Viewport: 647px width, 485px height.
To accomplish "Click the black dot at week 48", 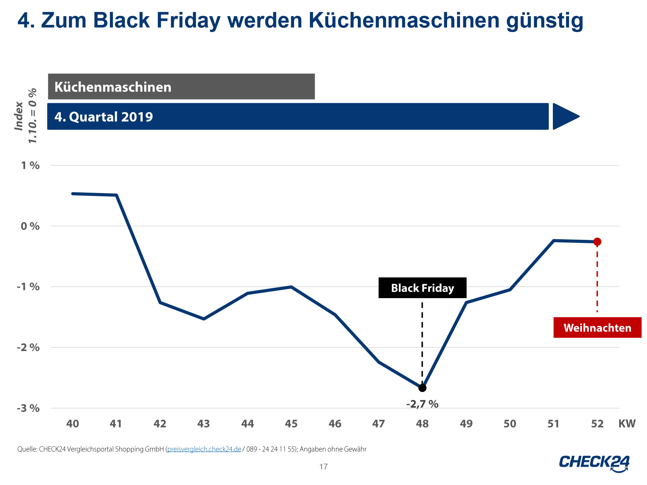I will [x=422, y=388].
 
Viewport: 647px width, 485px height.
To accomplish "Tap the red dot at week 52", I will [x=597, y=242].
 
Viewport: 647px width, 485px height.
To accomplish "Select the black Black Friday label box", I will [x=422, y=288].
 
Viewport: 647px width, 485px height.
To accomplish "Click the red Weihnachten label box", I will [x=597, y=328].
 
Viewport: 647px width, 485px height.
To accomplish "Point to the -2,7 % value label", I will [x=422, y=404].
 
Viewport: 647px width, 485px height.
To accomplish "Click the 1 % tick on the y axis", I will [x=30, y=166].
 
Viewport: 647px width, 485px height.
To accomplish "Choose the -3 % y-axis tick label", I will [x=28, y=408].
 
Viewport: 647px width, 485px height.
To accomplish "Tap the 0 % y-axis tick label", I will [x=30, y=226].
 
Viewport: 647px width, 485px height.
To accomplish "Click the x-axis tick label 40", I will [x=72, y=424].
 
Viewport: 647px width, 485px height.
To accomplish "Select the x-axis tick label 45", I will [x=291, y=424].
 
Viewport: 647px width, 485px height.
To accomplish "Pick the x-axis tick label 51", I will [x=554, y=424].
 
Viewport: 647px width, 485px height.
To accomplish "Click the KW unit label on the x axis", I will [x=627, y=424].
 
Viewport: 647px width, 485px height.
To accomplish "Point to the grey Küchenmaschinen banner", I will [x=181, y=87].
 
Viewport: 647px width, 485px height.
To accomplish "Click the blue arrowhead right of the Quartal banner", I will [x=565, y=116].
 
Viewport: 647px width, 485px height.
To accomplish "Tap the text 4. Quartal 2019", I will [x=104, y=117].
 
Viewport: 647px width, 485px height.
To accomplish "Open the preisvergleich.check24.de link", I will [x=204, y=449].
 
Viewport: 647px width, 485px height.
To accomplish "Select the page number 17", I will [x=323, y=467].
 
